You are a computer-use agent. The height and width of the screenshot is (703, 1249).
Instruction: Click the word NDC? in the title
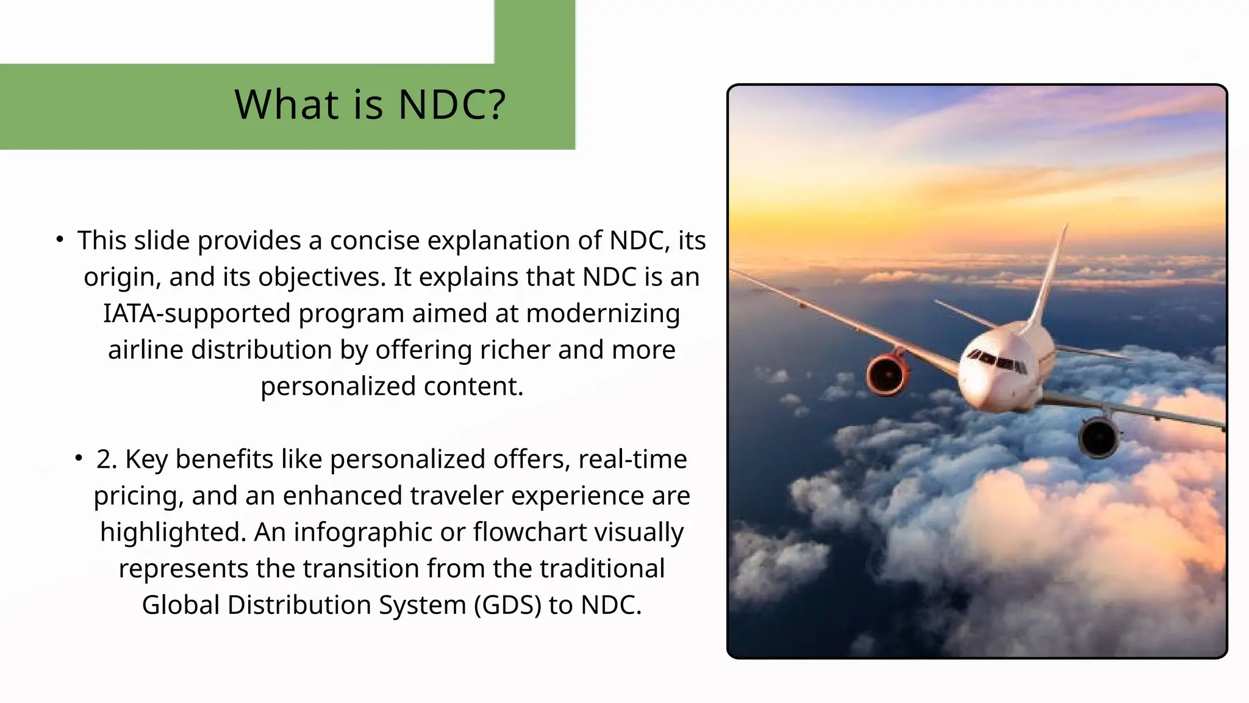[452, 104]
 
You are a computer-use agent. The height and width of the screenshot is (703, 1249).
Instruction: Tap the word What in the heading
[287, 104]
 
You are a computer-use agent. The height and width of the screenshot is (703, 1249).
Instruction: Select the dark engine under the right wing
[1098, 438]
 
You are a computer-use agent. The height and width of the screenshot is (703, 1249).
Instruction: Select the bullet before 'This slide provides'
[59, 240]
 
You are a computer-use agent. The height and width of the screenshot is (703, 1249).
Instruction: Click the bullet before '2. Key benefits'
[79, 458]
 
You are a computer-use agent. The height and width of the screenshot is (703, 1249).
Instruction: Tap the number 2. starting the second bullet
[106, 459]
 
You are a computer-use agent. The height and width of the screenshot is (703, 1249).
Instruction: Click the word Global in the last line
[181, 605]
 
